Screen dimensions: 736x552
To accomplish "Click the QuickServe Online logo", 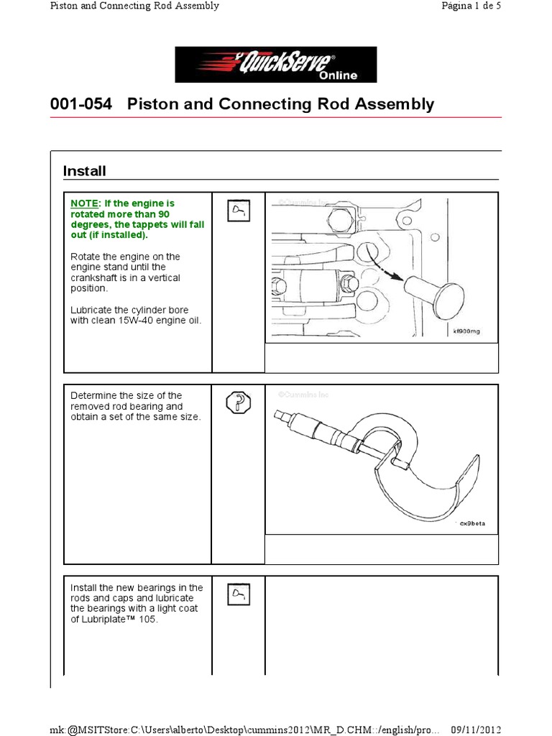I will (276, 65).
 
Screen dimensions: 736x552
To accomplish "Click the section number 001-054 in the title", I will (81, 104).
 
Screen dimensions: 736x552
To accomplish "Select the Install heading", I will (84, 171).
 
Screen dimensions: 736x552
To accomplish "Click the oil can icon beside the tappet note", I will (238, 211).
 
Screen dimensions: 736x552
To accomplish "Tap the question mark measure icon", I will (238, 403).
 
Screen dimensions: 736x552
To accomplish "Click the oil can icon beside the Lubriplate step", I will (238, 594).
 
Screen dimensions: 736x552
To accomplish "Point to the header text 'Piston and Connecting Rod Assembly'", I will (134, 6).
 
